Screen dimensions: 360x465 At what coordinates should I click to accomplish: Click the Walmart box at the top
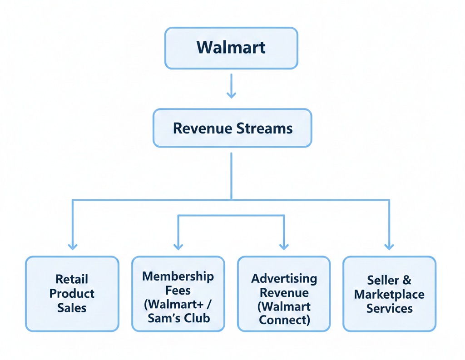point(231,48)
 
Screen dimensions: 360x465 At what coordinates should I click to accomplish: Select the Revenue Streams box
point(232,128)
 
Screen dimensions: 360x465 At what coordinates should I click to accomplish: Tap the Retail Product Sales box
point(72,293)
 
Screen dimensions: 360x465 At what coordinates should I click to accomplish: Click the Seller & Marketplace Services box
point(389,294)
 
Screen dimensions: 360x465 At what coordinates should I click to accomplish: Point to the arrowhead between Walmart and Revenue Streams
point(231,94)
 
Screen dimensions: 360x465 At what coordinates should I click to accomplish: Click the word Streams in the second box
point(264,128)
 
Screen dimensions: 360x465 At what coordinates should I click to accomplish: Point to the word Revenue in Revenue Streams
point(202,128)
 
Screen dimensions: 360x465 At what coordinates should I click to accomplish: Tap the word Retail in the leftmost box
point(72,279)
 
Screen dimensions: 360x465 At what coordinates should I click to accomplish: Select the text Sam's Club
point(179,318)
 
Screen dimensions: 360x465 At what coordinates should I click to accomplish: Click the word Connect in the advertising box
point(284,320)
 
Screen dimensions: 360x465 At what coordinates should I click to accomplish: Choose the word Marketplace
point(389,294)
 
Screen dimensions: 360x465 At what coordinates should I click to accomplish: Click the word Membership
point(178,276)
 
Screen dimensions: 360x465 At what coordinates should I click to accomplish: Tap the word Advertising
point(284,278)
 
